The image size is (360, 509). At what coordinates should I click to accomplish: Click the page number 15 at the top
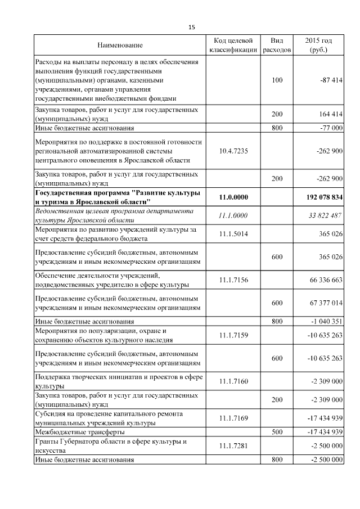(x=191, y=28)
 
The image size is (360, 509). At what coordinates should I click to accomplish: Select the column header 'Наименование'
(x=120, y=45)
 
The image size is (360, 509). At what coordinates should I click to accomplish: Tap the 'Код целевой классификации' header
(x=233, y=45)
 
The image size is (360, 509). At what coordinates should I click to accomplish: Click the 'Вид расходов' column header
(x=277, y=45)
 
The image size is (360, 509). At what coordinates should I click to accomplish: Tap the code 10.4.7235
(x=233, y=151)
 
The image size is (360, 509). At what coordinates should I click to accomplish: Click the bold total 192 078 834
(x=321, y=197)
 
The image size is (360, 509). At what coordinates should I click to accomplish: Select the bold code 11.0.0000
(x=233, y=197)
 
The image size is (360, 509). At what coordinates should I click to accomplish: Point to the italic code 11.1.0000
(x=233, y=215)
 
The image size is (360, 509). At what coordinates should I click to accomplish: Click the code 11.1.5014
(x=233, y=234)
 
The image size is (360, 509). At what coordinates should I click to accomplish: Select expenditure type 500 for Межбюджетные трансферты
(x=277, y=432)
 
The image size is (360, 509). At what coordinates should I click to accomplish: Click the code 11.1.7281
(x=233, y=446)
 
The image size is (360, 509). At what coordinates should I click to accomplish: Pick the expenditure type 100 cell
(x=277, y=80)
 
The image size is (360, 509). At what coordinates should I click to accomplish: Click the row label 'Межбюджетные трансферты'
(x=79, y=432)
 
